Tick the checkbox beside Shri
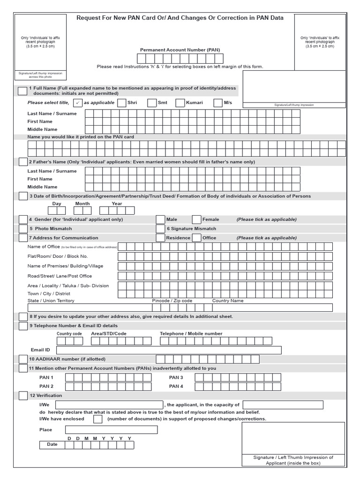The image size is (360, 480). pos(121,103)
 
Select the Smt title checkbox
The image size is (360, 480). pos(151,103)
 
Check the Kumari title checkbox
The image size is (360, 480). pos(180,103)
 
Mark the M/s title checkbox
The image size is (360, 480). pos(218,103)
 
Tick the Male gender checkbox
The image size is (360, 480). pos(160,219)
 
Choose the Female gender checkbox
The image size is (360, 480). pos(197,219)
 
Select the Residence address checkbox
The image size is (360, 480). pos(160,238)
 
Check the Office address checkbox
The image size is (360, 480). pos(197,238)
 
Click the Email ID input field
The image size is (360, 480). pos(169,350)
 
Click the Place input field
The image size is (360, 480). pos(111,430)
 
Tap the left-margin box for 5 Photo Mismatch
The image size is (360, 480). pos(23,229)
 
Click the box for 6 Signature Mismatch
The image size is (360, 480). pos(160,229)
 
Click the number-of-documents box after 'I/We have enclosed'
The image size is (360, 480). pos(97,419)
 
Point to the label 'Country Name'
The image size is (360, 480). pos(228,301)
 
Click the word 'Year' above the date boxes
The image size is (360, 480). pos(117,204)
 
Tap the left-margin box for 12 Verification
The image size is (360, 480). pos(23,396)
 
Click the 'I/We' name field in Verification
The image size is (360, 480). pos(109,405)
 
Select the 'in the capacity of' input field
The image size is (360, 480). pos(283,405)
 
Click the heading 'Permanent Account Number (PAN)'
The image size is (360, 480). pos(180,50)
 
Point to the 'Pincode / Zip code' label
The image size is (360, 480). pos(172,301)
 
